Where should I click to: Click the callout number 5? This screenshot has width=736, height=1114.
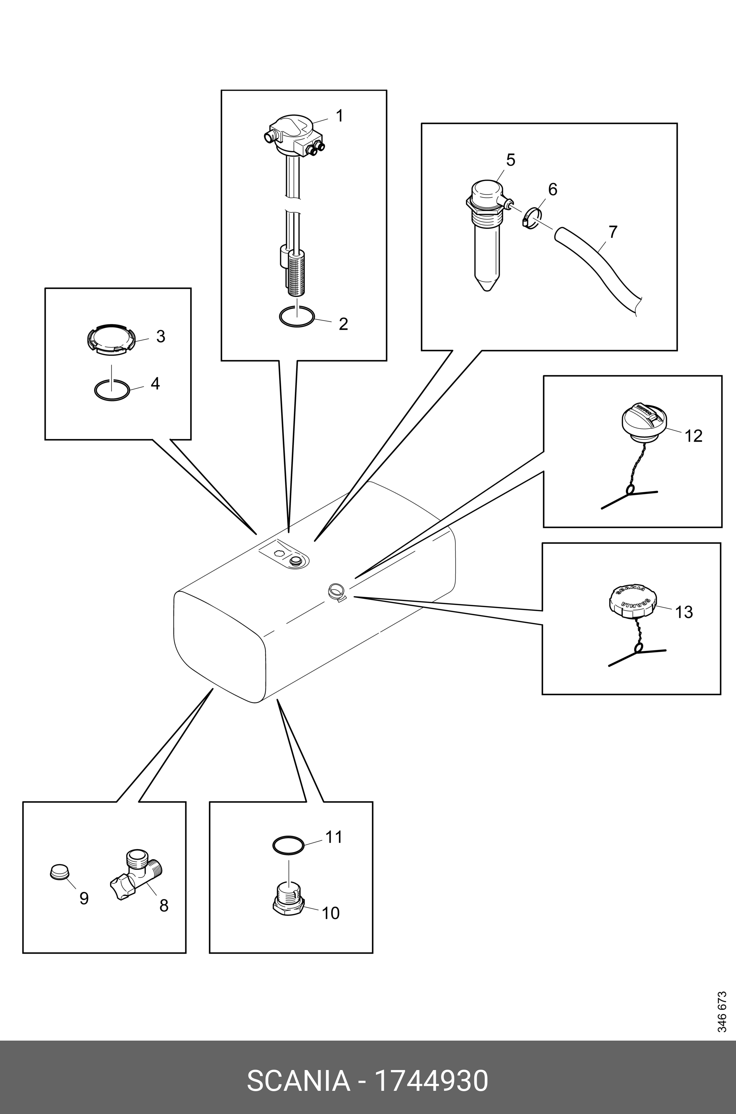tap(511, 160)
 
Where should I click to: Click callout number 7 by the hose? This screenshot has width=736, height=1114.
tap(612, 232)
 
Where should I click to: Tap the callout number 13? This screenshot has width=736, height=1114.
tap(684, 612)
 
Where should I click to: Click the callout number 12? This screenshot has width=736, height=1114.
tap(693, 436)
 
